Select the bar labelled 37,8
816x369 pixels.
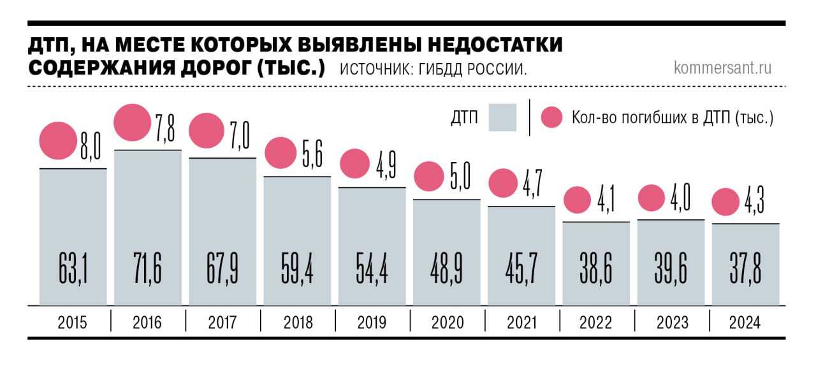point(745,264)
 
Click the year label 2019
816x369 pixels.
point(372,323)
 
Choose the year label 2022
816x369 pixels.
point(595,323)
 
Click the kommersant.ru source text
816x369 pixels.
point(722,68)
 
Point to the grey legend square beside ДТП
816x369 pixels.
point(502,117)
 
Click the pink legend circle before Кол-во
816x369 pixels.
point(551,117)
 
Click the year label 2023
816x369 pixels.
point(671,323)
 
